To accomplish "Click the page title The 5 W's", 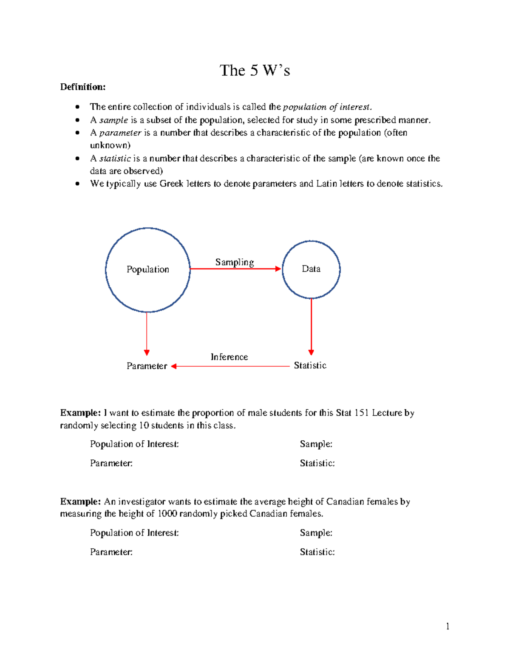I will point(255,71).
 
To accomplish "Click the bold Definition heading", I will point(83,87).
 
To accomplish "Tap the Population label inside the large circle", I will point(147,269).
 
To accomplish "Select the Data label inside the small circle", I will point(311,269).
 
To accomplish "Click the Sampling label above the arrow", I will point(234,262).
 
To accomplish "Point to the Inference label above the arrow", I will point(229,357).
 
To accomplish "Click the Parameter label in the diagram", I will point(147,366).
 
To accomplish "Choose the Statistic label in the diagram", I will point(310,365).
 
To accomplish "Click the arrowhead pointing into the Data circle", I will point(278,269).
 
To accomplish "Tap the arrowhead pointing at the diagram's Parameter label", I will point(174,366).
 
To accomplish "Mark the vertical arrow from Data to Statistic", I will point(311,325).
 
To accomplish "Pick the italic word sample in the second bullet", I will point(113,120).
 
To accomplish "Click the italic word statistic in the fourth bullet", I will point(115,159).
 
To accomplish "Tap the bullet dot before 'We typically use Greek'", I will point(77,184).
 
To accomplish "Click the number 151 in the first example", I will point(361,413).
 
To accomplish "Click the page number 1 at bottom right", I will point(448,626).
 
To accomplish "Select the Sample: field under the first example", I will point(316,444).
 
